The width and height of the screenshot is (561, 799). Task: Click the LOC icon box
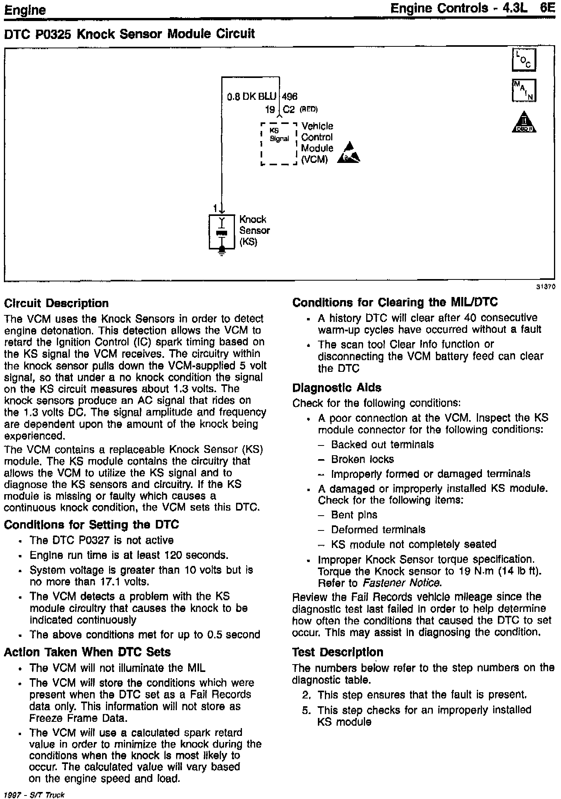(524, 60)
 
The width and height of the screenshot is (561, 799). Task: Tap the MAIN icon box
(524, 90)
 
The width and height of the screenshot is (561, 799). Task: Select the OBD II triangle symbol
(524, 123)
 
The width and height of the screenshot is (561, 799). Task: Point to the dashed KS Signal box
(279, 144)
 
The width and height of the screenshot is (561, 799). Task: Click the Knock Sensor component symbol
(222, 232)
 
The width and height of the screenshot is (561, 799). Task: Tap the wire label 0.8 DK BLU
(251, 96)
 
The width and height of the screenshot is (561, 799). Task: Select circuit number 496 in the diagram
(289, 96)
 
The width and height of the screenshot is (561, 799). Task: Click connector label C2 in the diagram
(289, 110)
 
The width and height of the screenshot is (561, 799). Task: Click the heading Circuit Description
(56, 303)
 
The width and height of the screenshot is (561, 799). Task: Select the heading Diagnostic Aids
(337, 387)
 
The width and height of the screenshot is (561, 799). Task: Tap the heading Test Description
(337, 652)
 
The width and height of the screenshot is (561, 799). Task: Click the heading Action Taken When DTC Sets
(87, 652)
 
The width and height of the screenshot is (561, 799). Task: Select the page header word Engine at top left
(25, 10)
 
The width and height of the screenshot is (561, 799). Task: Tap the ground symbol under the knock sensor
(222, 253)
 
